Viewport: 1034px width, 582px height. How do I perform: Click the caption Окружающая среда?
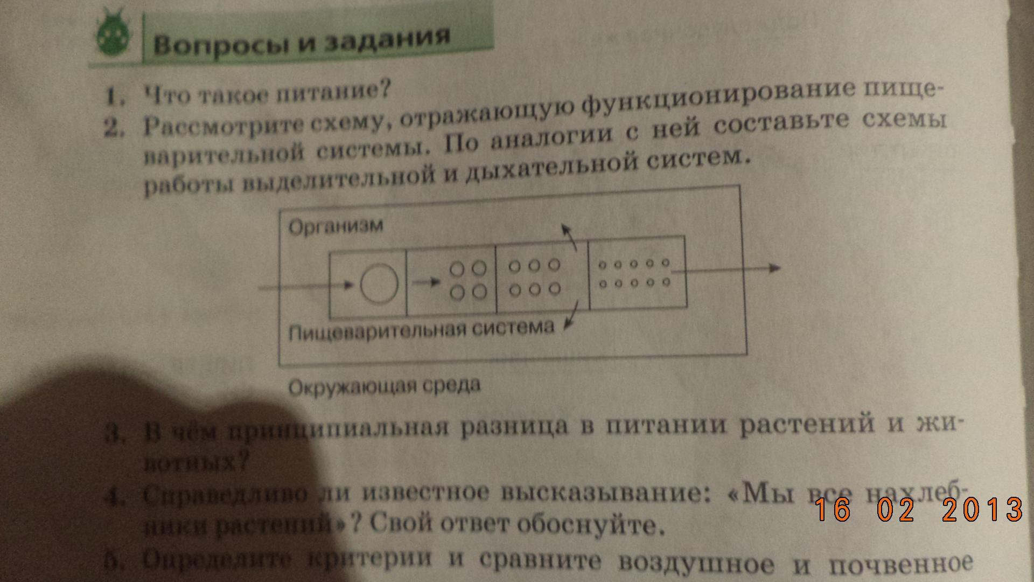coord(384,386)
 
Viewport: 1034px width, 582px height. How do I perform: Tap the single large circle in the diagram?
coord(379,283)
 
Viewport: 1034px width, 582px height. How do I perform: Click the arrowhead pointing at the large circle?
coord(348,286)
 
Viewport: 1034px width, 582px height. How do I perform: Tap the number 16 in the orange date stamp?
coord(832,509)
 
